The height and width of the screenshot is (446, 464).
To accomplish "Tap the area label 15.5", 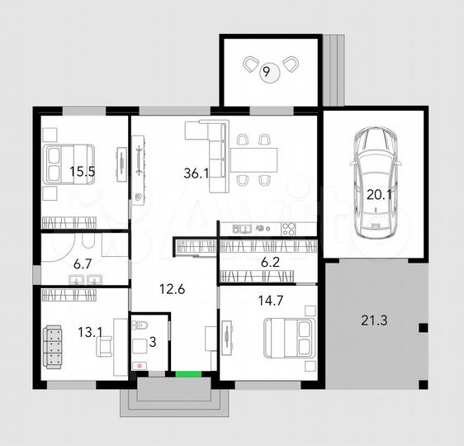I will point(82,172).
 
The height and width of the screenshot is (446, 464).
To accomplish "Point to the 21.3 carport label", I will point(374,320).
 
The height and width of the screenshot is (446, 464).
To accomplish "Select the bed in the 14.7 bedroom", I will point(288,339).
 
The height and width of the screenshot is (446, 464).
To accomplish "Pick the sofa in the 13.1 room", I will point(53,344).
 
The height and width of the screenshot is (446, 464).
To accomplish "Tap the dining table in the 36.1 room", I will point(253,157).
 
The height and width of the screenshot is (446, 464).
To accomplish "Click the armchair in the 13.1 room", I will point(106,348).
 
